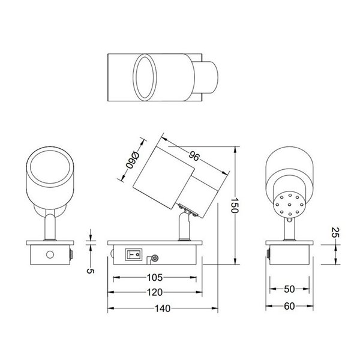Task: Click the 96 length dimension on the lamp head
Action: click(x=194, y=157)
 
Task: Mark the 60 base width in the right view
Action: click(x=290, y=306)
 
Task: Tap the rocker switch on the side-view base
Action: click(x=133, y=254)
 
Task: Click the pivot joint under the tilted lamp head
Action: click(x=188, y=210)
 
